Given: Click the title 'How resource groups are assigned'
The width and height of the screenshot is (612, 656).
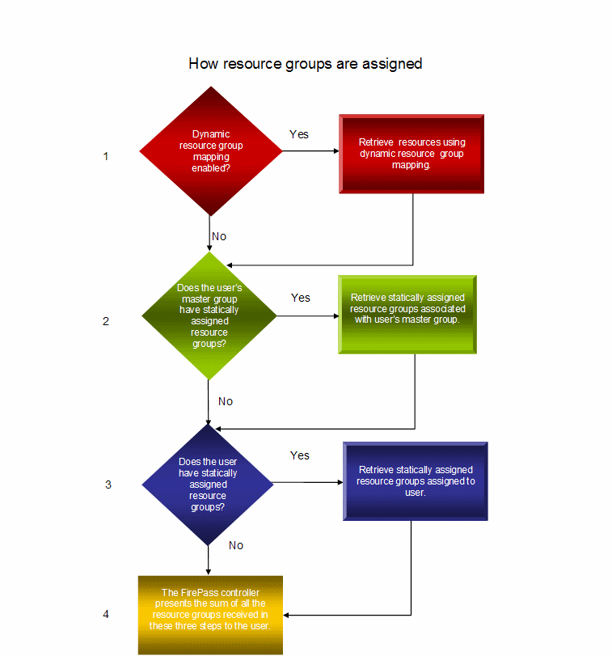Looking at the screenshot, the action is [305, 64].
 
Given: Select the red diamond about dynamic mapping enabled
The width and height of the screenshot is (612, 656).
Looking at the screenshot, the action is [211, 151].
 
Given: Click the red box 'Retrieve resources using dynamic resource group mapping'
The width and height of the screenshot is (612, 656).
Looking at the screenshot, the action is [412, 154].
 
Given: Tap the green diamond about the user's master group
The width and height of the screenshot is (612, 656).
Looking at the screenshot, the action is [209, 316].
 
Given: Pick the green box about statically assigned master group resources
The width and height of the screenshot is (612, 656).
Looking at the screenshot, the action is [407, 315].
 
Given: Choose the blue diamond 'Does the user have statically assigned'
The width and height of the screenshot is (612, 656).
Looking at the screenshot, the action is [208, 485].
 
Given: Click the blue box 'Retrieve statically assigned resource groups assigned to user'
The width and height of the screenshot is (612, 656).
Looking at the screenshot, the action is [415, 481].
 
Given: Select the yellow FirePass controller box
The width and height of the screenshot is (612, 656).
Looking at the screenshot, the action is [210, 615].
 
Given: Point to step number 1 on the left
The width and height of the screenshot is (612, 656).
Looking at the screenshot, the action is [106, 156].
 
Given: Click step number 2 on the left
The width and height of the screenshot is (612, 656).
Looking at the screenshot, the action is [106, 321].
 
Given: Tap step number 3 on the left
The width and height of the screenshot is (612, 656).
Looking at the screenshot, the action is [108, 485].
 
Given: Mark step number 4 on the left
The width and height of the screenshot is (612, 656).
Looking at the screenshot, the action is [106, 614].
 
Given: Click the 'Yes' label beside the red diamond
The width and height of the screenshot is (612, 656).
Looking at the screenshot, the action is [299, 134].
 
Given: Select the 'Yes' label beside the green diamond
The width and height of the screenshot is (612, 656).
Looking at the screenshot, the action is [301, 298].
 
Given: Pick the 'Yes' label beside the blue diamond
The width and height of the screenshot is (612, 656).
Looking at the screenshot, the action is [300, 455].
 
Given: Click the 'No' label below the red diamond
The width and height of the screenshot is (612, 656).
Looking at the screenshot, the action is [219, 236].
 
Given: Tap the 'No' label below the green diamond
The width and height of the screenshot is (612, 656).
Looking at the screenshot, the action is [226, 401].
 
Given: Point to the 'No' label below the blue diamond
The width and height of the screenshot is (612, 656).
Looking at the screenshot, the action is [236, 545].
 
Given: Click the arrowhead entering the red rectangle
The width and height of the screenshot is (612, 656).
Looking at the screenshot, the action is [336, 151].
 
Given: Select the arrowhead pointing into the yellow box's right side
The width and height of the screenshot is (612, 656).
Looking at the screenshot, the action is [286, 615].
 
